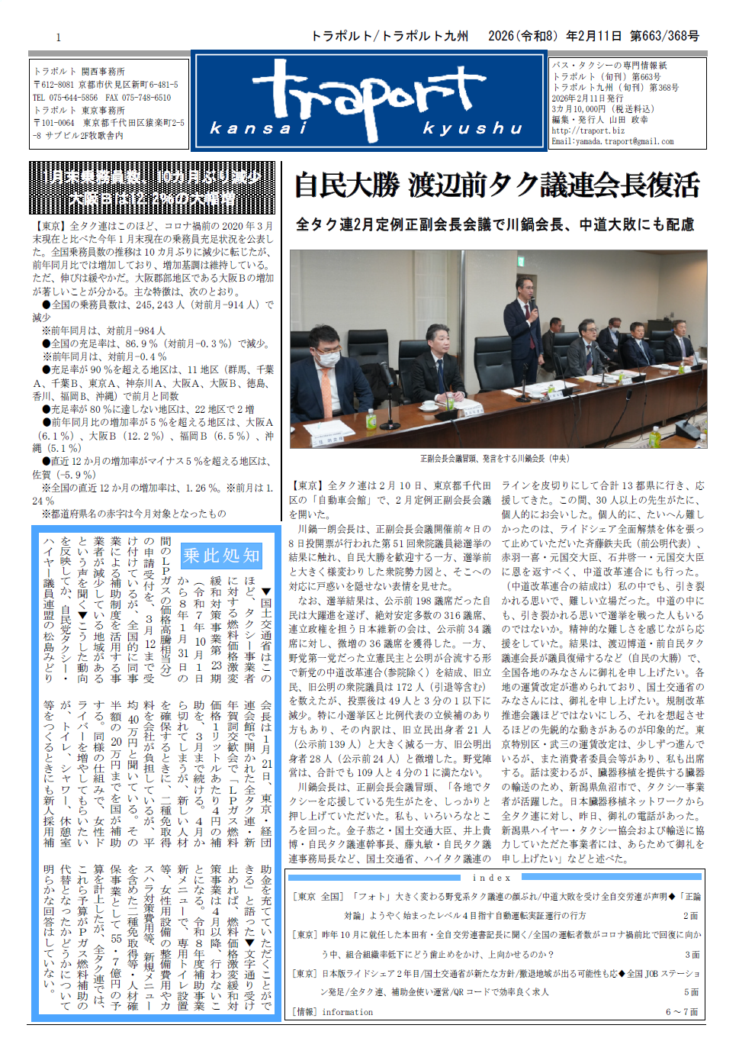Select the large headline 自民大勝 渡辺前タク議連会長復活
pos(496,185)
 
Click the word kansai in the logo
pos(259,128)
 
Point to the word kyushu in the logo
pos(473,128)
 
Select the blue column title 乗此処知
pos(221,556)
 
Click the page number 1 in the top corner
pos(58,37)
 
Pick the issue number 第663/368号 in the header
pos(664,36)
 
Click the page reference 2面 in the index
pos(690,916)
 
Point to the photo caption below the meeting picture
pos(495,459)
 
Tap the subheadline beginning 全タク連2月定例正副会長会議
pos(495,224)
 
